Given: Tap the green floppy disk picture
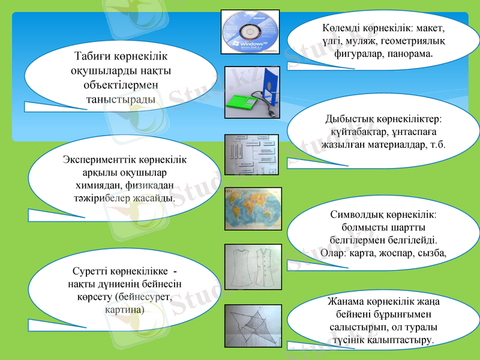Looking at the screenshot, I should [x=251, y=94].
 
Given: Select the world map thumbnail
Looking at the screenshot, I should [x=252, y=209].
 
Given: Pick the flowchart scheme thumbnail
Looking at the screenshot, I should [x=251, y=154].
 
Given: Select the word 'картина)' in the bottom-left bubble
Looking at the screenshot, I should [x=124, y=310].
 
